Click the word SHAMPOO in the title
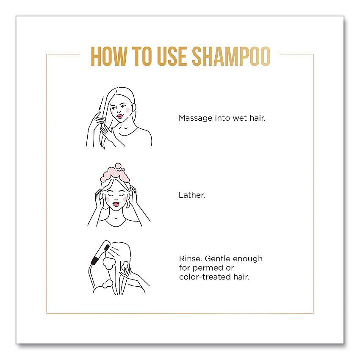click(231, 56)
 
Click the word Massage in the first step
click(196, 119)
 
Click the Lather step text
click(192, 195)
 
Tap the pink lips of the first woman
click(119, 116)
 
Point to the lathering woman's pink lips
click(116, 204)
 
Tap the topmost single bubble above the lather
click(118, 166)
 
